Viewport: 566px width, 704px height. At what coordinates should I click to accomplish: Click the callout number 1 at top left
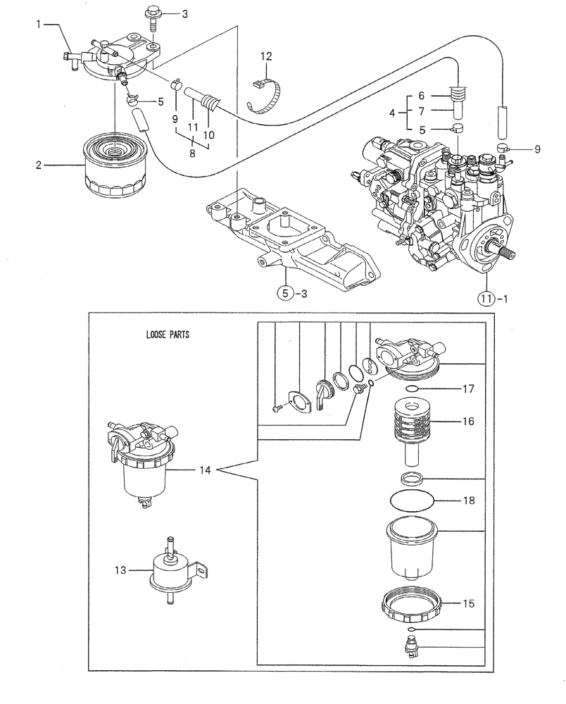41,25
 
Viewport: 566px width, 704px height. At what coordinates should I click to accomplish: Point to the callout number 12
265,56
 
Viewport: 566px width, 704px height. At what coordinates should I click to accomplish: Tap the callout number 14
204,470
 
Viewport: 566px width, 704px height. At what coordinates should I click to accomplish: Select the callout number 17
468,388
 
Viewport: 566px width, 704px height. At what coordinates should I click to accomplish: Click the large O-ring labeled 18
412,501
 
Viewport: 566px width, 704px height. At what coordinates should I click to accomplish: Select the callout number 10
210,134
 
